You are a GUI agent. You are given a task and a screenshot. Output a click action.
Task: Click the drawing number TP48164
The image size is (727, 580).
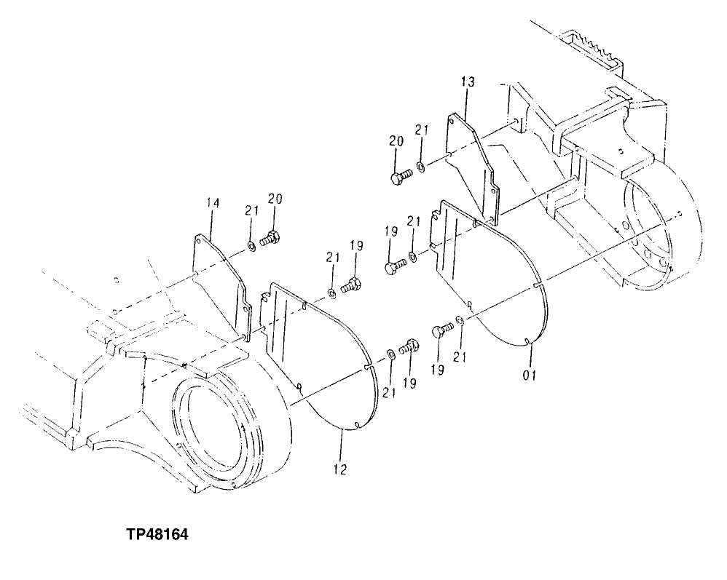coord(157,535)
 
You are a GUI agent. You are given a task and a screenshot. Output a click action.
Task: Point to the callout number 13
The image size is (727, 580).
coord(467,82)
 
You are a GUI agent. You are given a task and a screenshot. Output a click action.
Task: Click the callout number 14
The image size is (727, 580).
coord(211,204)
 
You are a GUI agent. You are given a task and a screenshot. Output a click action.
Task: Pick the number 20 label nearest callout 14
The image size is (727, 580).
coord(275,199)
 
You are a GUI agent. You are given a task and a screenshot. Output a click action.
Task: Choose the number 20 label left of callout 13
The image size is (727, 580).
coord(396,141)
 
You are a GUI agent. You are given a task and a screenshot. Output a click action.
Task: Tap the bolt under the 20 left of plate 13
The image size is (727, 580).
coord(400,175)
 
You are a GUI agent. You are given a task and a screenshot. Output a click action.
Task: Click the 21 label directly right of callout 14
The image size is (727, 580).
coord(251,210)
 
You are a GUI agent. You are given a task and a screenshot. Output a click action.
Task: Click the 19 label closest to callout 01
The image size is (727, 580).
coord(437,369)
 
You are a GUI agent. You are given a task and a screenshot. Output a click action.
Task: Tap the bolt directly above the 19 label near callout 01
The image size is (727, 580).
coord(441,333)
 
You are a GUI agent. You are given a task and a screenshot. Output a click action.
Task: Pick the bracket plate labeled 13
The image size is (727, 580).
coord(473,167)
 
